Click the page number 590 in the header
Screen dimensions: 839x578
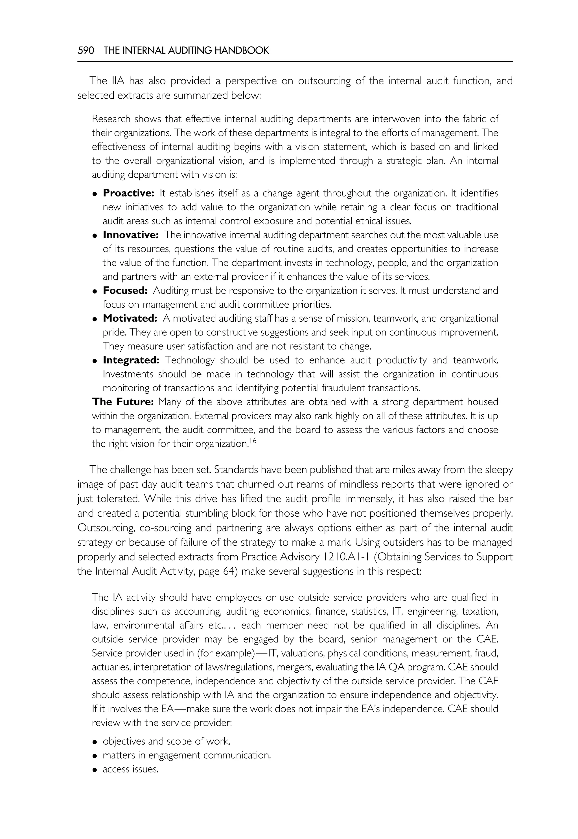click(86, 51)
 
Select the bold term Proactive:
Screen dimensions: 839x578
click(129, 193)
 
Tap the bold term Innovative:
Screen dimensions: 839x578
click(131, 235)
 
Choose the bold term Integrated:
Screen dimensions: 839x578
click(131, 360)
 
